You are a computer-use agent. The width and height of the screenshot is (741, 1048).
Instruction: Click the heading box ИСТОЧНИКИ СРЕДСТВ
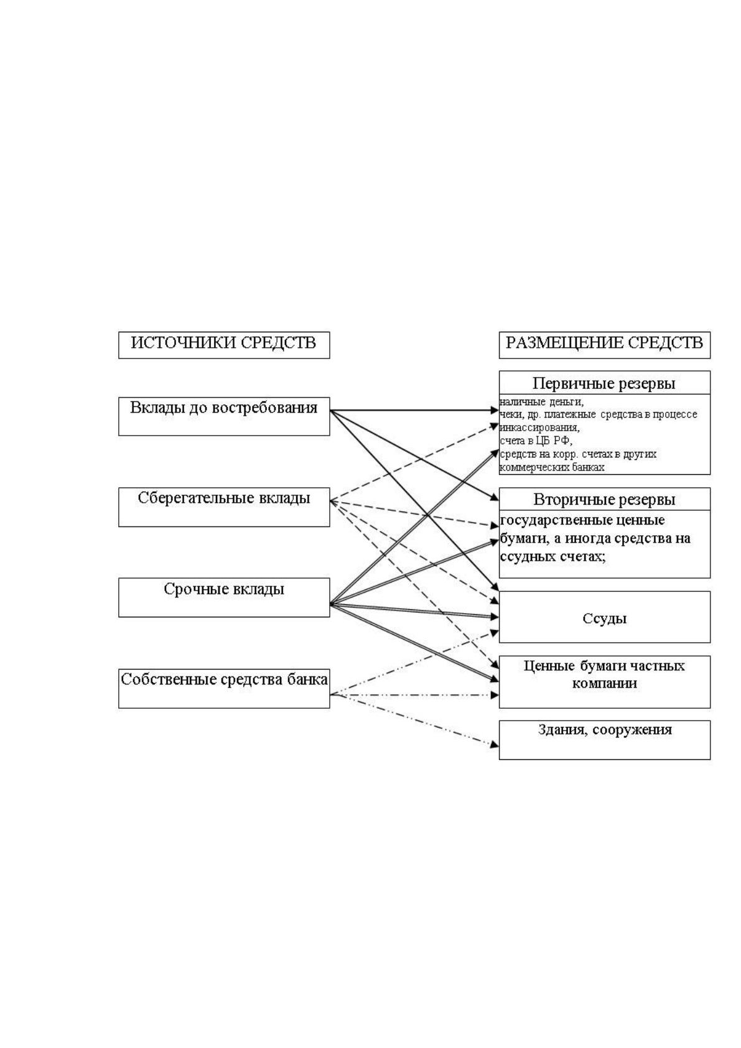click(x=223, y=345)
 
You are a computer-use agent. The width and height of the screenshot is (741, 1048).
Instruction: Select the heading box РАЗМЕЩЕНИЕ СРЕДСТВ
click(x=604, y=345)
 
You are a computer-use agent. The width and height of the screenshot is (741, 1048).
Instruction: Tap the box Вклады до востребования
click(x=223, y=416)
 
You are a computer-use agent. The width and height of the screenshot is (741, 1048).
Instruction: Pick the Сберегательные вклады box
click(x=223, y=507)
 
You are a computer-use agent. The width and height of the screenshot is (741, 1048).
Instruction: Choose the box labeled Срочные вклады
click(x=223, y=597)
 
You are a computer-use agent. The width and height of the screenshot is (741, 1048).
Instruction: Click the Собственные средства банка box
click(x=223, y=689)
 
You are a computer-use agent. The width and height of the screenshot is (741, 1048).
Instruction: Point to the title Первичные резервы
click(x=604, y=383)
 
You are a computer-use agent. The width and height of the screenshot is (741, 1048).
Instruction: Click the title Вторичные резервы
click(x=604, y=500)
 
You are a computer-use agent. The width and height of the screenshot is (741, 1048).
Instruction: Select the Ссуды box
click(x=604, y=617)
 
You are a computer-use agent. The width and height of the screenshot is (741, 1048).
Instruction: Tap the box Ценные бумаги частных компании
click(x=604, y=681)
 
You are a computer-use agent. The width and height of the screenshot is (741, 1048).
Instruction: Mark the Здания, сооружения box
click(x=604, y=740)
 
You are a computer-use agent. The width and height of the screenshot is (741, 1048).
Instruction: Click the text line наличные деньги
click(x=541, y=401)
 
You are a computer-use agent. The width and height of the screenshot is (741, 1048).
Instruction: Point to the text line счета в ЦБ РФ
click(x=536, y=441)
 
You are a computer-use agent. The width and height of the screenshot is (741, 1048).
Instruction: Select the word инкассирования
click(x=539, y=428)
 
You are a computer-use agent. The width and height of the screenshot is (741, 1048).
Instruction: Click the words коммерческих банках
click(x=552, y=467)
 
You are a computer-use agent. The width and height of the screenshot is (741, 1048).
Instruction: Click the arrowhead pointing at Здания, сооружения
click(x=495, y=745)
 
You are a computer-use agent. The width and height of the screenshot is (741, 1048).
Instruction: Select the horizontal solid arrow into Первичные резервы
click(x=414, y=410)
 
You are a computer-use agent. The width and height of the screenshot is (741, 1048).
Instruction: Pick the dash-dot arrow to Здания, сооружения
click(x=414, y=719)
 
